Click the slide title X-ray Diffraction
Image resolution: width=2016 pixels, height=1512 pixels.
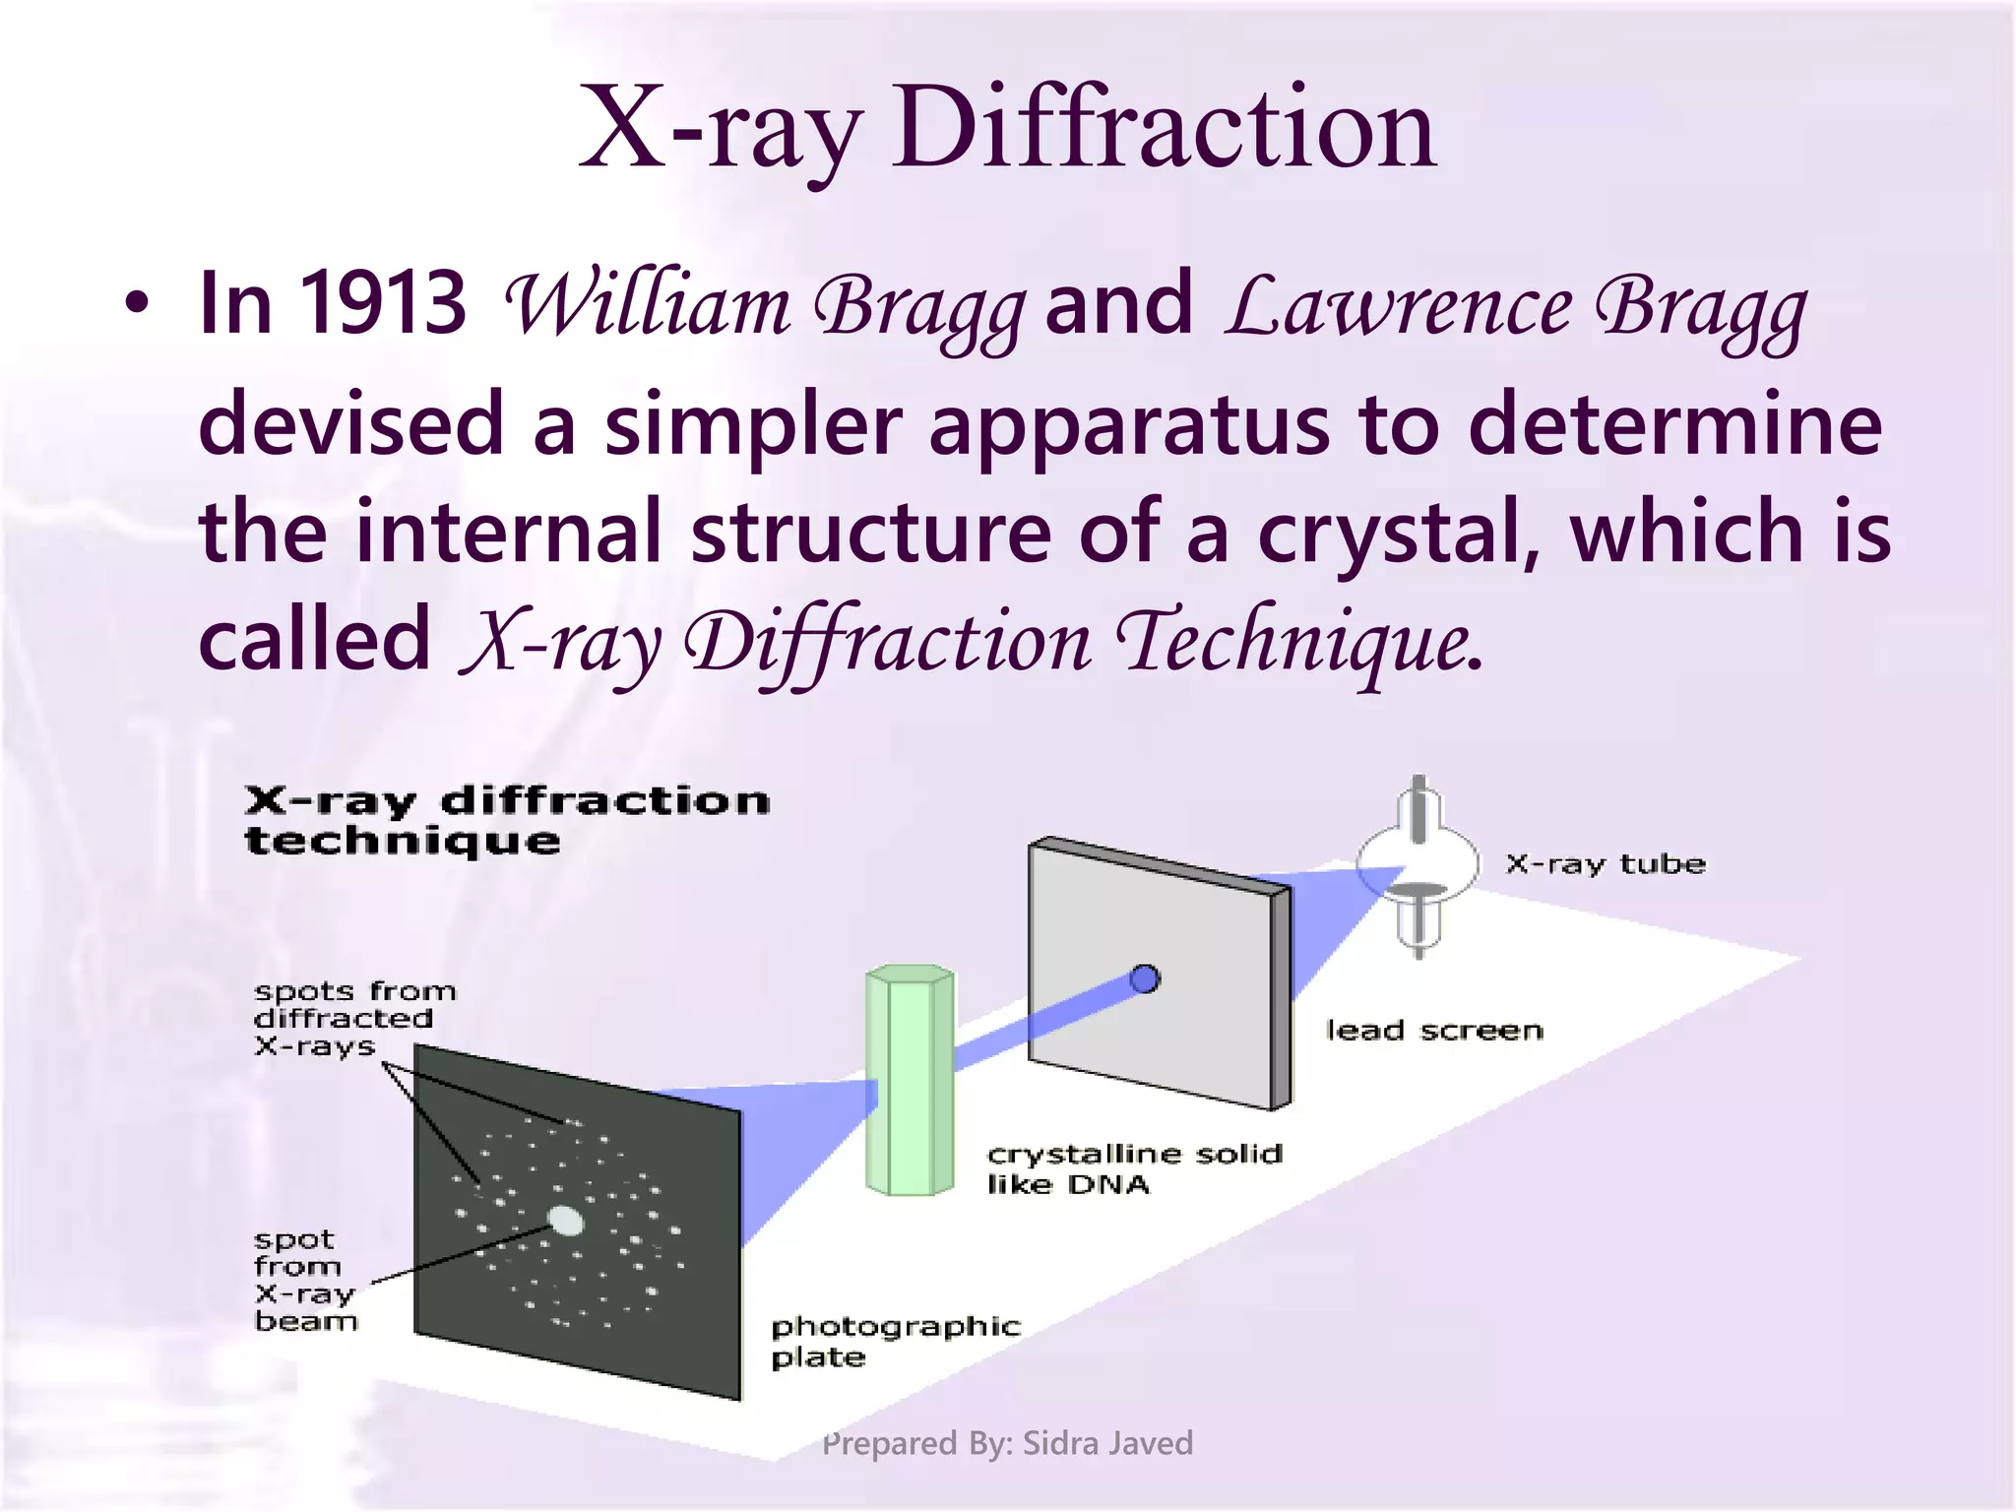pos(1007,128)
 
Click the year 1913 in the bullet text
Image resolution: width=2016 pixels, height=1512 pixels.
pos(382,303)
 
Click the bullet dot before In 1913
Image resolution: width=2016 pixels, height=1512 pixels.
pos(137,303)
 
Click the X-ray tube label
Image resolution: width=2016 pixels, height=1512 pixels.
pos(1605,864)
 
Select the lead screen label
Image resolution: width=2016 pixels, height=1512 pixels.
pos(1434,1031)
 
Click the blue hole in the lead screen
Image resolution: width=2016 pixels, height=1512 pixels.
pos(1144,978)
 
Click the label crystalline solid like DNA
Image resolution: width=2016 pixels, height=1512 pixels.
pos(1132,1167)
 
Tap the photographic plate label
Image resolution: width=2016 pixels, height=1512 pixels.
pos(894,1341)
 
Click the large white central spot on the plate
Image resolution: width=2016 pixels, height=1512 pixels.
pos(565,1221)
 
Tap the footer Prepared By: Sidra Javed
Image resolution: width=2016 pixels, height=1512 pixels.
pos(1007,1443)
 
